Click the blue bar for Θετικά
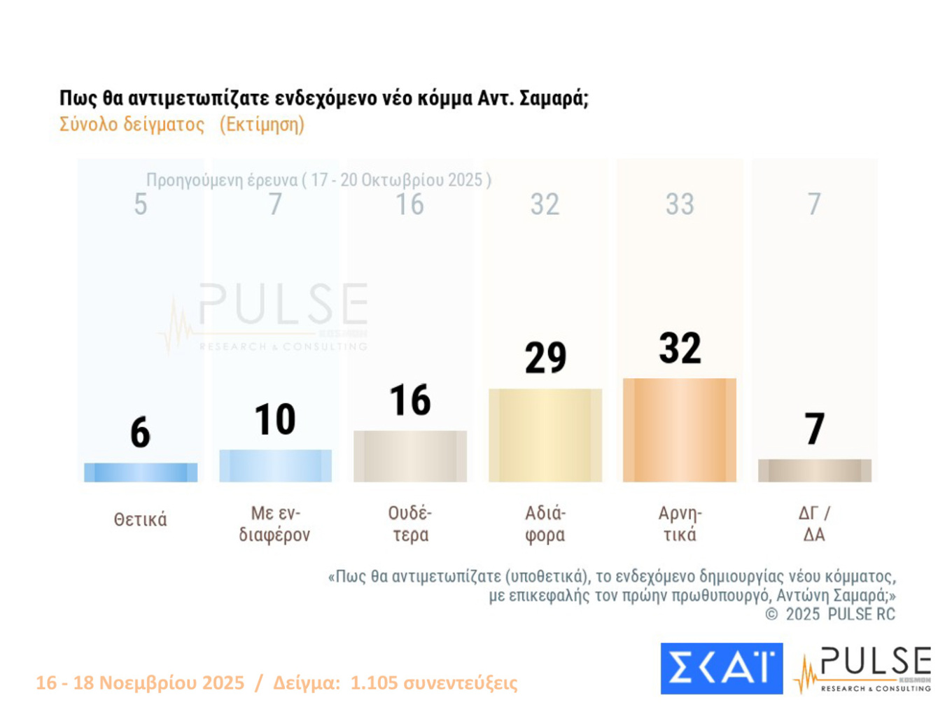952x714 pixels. (141, 472)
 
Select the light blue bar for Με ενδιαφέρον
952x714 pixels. (275, 465)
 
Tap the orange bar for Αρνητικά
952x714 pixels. (679, 430)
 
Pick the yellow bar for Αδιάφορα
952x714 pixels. (545, 435)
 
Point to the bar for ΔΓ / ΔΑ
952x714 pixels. (814, 470)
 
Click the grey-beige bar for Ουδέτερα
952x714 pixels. (410, 456)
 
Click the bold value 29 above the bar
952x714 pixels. (545, 358)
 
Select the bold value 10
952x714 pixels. (275, 419)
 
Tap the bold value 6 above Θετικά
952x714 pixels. (141, 432)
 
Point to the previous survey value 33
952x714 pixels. (679, 204)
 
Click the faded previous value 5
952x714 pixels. (141, 204)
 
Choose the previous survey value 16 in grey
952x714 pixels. (410, 204)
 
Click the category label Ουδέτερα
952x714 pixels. (410, 524)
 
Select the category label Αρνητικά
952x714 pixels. (679, 524)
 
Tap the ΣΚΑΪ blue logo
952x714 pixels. (721, 668)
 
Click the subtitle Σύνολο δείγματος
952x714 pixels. (132, 125)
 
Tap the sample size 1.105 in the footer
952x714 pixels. (374, 682)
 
